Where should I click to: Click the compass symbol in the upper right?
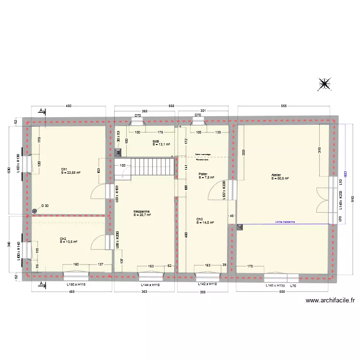click(x=325, y=84)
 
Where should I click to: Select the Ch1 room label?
click(x=64, y=169)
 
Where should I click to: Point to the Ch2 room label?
click(x=63, y=239)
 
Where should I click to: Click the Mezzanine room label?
click(x=142, y=212)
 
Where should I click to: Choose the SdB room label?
click(x=156, y=142)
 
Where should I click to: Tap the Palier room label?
click(x=203, y=174)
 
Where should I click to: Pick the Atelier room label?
click(x=276, y=175)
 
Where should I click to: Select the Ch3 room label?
click(x=199, y=219)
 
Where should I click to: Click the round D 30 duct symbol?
click(x=35, y=210)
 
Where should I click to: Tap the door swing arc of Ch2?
click(x=99, y=241)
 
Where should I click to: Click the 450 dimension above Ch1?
click(x=68, y=106)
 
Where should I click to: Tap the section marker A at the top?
click(x=42, y=111)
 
